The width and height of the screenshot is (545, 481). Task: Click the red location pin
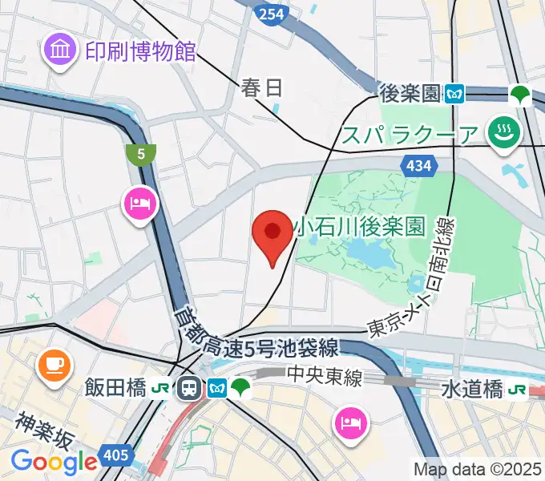(x=272, y=233)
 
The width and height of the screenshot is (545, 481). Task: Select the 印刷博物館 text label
(x=141, y=52)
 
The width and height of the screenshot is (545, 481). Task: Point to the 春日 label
(x=260, y=87)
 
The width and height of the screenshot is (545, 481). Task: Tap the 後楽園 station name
(x=410, y=94)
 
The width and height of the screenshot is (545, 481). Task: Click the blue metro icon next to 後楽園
(x=455, y=94)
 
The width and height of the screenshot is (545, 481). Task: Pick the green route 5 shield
(x=141, y=155)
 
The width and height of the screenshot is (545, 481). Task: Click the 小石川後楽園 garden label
(x=358, y=228)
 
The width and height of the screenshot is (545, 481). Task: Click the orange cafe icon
(x=54, y=365)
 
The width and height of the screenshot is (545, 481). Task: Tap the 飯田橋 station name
(x=115, y=389)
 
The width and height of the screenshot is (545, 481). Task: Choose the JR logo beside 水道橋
(x=517, y=390)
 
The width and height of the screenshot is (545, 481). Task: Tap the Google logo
(x=54, y=462)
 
